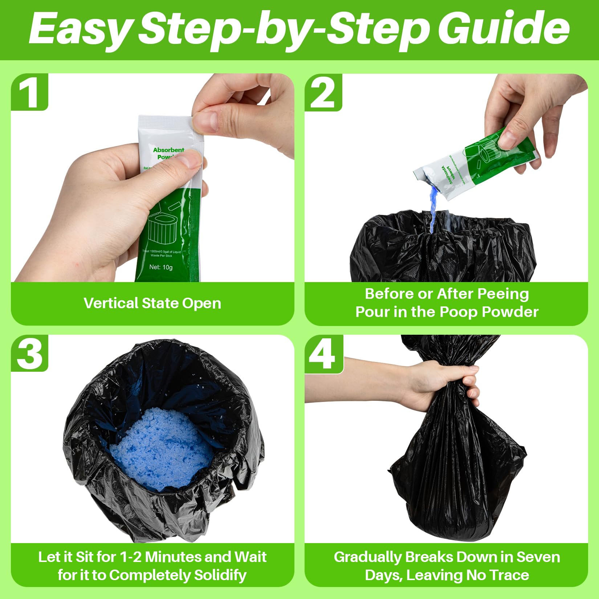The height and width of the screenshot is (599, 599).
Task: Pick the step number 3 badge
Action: point(30,353)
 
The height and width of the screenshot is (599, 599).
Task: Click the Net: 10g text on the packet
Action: point(161,267)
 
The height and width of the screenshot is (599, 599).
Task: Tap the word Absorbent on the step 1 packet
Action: point(168,150)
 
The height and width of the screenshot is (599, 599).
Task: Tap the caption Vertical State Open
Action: point(152,303)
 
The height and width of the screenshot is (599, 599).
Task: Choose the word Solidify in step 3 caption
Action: point(220,575)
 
